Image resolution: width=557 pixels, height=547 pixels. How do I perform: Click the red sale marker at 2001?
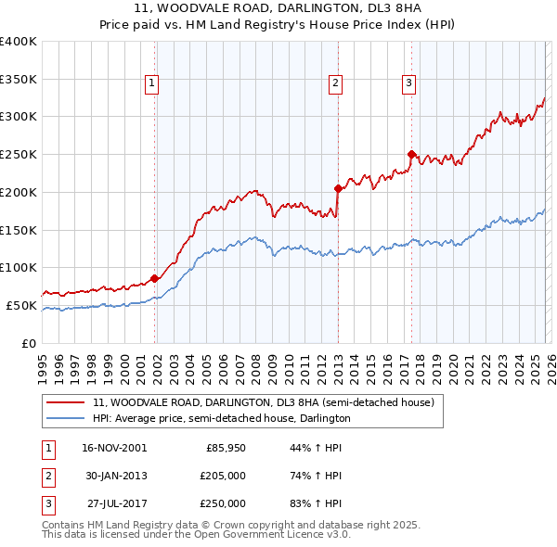tap(154, 277)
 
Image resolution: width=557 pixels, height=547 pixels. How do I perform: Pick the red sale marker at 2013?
tap(338, 187)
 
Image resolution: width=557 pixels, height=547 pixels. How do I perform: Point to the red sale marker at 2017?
tap(411, 154)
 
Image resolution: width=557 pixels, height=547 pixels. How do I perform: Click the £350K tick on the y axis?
tap(19, 79)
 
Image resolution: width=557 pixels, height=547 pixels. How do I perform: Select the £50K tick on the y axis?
tap(20, 305)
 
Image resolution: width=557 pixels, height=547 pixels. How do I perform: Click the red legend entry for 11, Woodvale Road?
tap(264, 402)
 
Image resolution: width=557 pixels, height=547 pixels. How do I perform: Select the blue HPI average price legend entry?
tap(221, 418)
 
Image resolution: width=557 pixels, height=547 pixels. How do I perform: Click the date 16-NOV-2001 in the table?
tap(114, 448)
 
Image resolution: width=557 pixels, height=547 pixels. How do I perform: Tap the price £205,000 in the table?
tap(223, 476)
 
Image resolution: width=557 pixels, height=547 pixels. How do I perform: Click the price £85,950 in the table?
tap(226, 448)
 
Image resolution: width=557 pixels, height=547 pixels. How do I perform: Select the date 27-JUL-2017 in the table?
tap(114, 503)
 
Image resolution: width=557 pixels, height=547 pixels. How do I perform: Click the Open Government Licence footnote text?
tap(197, 534)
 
